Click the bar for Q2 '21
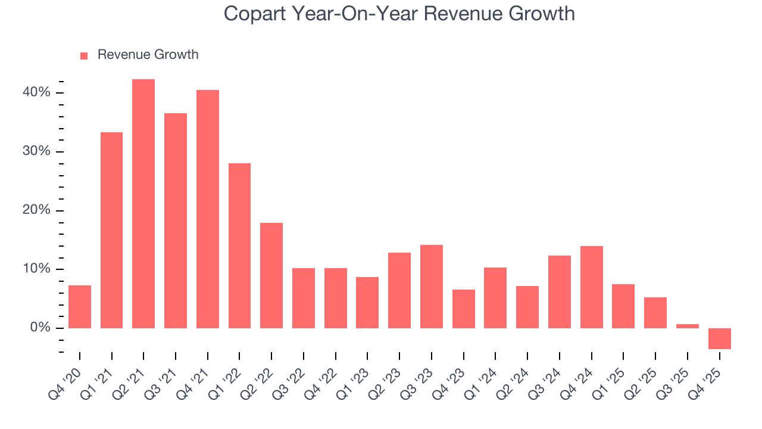tap(143, 204)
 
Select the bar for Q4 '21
tap(208, 209)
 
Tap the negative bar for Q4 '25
tap(720, 338)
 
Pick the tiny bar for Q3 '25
tap(688, 326)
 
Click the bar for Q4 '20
tap(80, 307)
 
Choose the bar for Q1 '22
tap(239, 245)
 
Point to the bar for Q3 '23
tap(432, 287)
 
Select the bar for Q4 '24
tap(592, 287)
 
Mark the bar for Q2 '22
tap(271, 275)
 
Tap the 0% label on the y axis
tap(40, 328)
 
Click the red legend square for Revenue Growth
tap(84, 55)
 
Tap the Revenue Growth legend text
tap(148, 55)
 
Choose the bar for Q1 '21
tap(111, 230)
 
